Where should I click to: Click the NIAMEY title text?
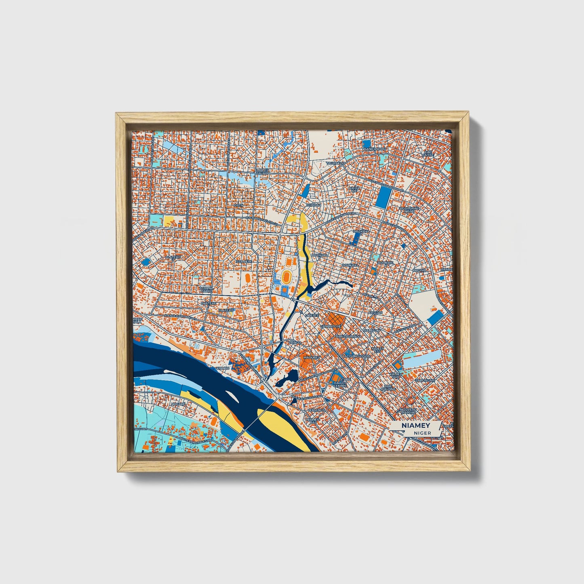416,426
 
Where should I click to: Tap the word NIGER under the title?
422,433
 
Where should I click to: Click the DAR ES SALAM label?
262,172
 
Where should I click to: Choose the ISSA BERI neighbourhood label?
243,261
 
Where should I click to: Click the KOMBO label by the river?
222,368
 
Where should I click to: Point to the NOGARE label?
166,403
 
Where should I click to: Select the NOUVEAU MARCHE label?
408,411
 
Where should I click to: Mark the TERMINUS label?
316,410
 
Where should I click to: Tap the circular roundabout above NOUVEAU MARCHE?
410,401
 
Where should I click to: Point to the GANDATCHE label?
331,326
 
